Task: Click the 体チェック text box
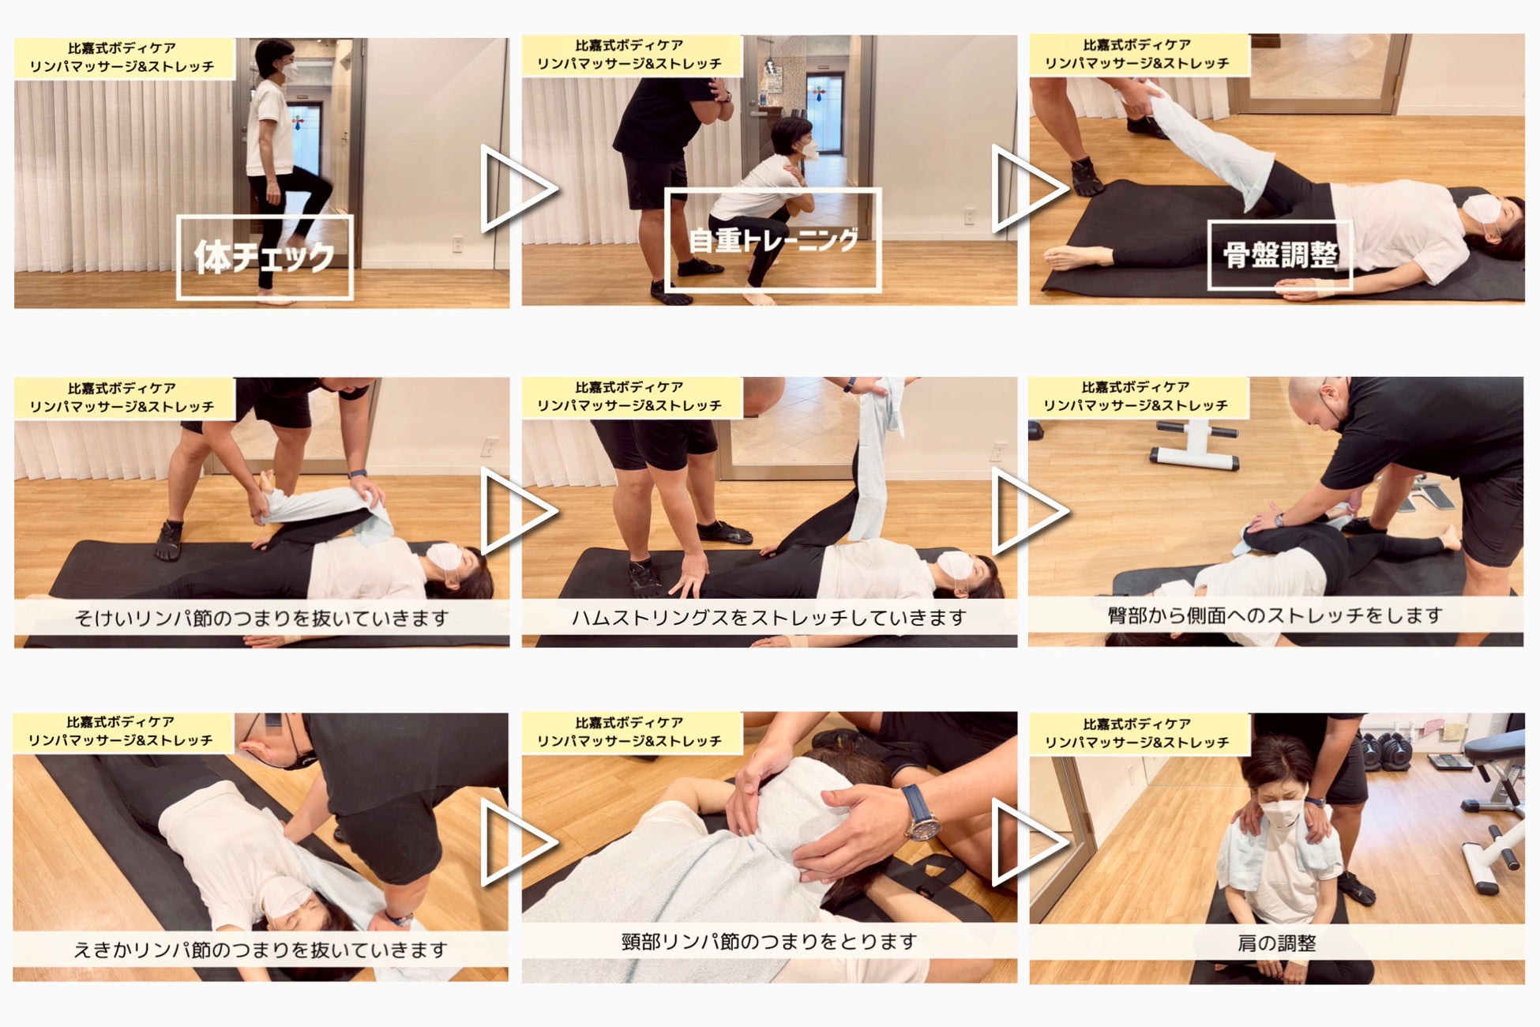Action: pos(265,258)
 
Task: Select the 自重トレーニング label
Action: pos(772,240)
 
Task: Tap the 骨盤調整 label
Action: pos(1280,255)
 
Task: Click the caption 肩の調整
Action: pos(1276,943)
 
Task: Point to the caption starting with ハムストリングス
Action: pos(769,618)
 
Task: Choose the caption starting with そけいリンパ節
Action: pos(261,618)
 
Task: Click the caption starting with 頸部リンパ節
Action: pos(769,942)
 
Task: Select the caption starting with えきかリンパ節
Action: pos(261,950)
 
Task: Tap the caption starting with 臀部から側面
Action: pos(1275,615)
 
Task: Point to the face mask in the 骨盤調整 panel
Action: pos(1482,216)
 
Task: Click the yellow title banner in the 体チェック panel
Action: pos(124,58)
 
